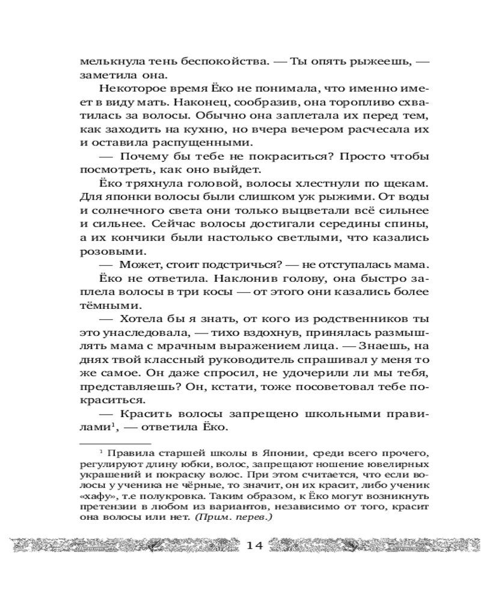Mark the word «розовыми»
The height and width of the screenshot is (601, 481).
tap(102, 251)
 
